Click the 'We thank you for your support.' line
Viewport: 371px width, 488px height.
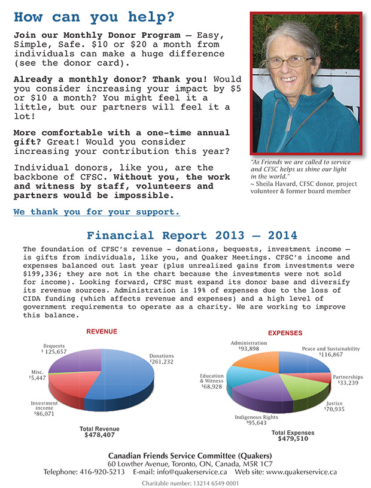(x=96, y=212)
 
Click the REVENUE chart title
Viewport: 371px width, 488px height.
(x=102, y=331)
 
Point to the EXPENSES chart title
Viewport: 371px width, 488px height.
(x=284, y=333)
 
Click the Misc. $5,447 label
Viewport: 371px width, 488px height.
(x=40, y=375)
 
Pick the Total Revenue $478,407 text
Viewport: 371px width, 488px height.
(x=99, y=432)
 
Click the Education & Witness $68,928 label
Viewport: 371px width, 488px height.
(x=211, y=382)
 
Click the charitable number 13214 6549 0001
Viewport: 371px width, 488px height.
(x=190, y=483)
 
